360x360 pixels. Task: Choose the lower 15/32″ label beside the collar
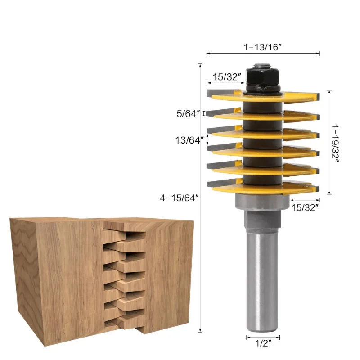pos(305,207)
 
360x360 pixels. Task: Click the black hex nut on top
pos(262,78)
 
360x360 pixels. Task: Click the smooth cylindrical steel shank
pos(262,279)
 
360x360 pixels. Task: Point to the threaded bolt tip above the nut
pos(262,65)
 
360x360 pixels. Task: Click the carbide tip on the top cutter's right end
pos(317,95)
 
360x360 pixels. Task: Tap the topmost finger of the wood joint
pos(130,234)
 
